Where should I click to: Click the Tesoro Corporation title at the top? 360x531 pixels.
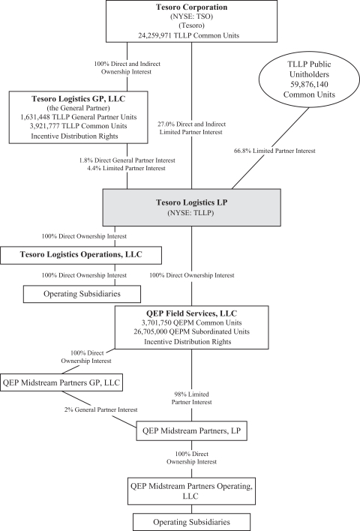(192, 7)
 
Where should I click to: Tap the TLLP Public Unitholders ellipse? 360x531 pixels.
(309, 79)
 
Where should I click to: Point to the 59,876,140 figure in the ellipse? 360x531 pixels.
(309, 85)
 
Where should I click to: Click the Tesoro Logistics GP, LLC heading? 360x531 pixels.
(78, 99)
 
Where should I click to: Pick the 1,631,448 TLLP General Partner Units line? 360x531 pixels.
(78, 117)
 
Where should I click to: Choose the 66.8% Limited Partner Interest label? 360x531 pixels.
(274, 151)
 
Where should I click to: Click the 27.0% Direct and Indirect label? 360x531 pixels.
(192, 124)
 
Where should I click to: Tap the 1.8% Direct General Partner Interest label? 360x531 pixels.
(127, 160)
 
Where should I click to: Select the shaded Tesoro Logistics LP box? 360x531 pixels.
(192, 207)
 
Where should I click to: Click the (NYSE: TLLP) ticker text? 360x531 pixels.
(190, 213)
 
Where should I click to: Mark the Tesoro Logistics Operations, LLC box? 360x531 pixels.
(81, 255)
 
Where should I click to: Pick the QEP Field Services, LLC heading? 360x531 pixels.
(191, 313)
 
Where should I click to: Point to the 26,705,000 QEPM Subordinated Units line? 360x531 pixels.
(191, 331)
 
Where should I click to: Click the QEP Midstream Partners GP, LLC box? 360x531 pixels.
(61, 382)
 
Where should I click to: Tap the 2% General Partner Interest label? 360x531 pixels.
(101, 409)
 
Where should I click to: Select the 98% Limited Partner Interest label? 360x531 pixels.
(192, 398)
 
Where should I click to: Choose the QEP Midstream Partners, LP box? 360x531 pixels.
(192, 430)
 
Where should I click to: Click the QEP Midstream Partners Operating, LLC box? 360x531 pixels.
(191, 491)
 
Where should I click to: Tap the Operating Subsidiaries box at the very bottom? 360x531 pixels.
(192, 522)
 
